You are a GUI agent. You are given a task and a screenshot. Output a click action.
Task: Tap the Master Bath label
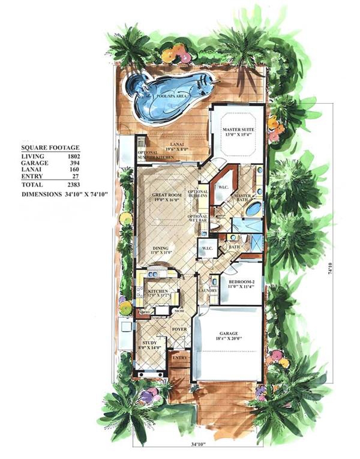[242, 198]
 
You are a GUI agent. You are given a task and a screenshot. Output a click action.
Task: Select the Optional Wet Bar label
[198, 218]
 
